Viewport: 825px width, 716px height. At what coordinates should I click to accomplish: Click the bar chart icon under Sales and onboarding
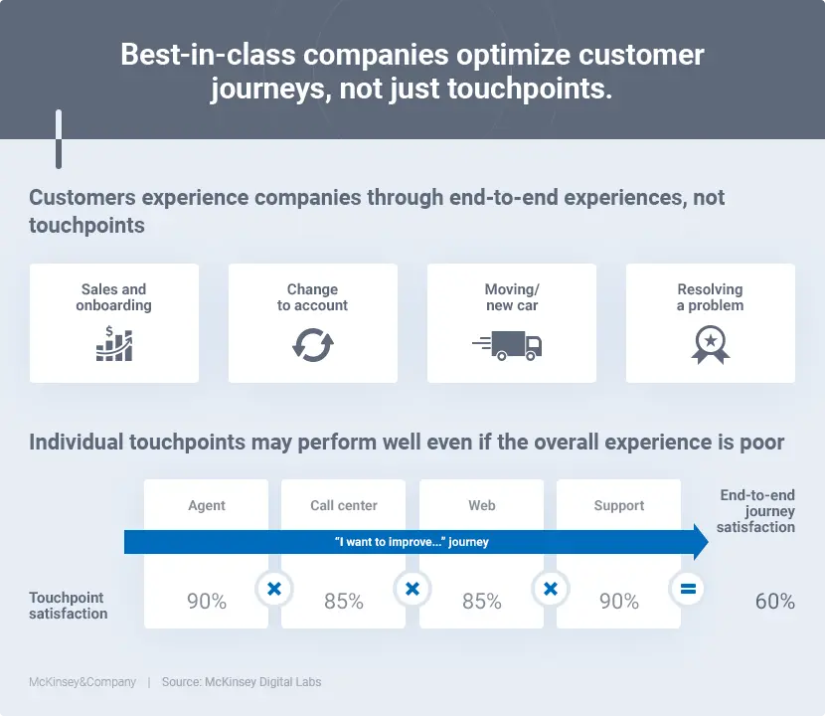coord(113,343)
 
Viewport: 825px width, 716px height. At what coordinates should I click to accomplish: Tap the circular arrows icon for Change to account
coord(312,344)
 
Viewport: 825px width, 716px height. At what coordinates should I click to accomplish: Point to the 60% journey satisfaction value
coord(774,602)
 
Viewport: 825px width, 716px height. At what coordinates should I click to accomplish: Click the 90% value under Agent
coord(207,602)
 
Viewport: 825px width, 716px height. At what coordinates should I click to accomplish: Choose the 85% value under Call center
coord(344,602)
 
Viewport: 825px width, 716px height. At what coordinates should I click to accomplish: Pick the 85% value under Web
coord(482,602)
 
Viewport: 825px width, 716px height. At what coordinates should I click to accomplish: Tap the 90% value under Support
coord(619,602)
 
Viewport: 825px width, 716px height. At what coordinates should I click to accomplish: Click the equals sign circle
coord(687,589)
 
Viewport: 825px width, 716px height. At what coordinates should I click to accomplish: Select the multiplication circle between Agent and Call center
coord(274,589)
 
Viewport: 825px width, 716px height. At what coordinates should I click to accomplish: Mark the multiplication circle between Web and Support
coord(550,589)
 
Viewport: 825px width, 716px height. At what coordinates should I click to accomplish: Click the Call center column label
coord(344,505)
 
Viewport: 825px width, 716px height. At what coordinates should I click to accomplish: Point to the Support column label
coord(619,505)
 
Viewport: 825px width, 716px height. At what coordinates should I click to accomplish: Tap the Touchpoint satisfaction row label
coord(68,606)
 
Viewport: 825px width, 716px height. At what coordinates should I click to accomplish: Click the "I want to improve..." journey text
coord(412,542)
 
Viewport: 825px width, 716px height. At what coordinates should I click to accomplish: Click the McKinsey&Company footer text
coord(82,682)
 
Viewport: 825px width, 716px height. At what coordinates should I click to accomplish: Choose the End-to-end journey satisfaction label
coord(757,511)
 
